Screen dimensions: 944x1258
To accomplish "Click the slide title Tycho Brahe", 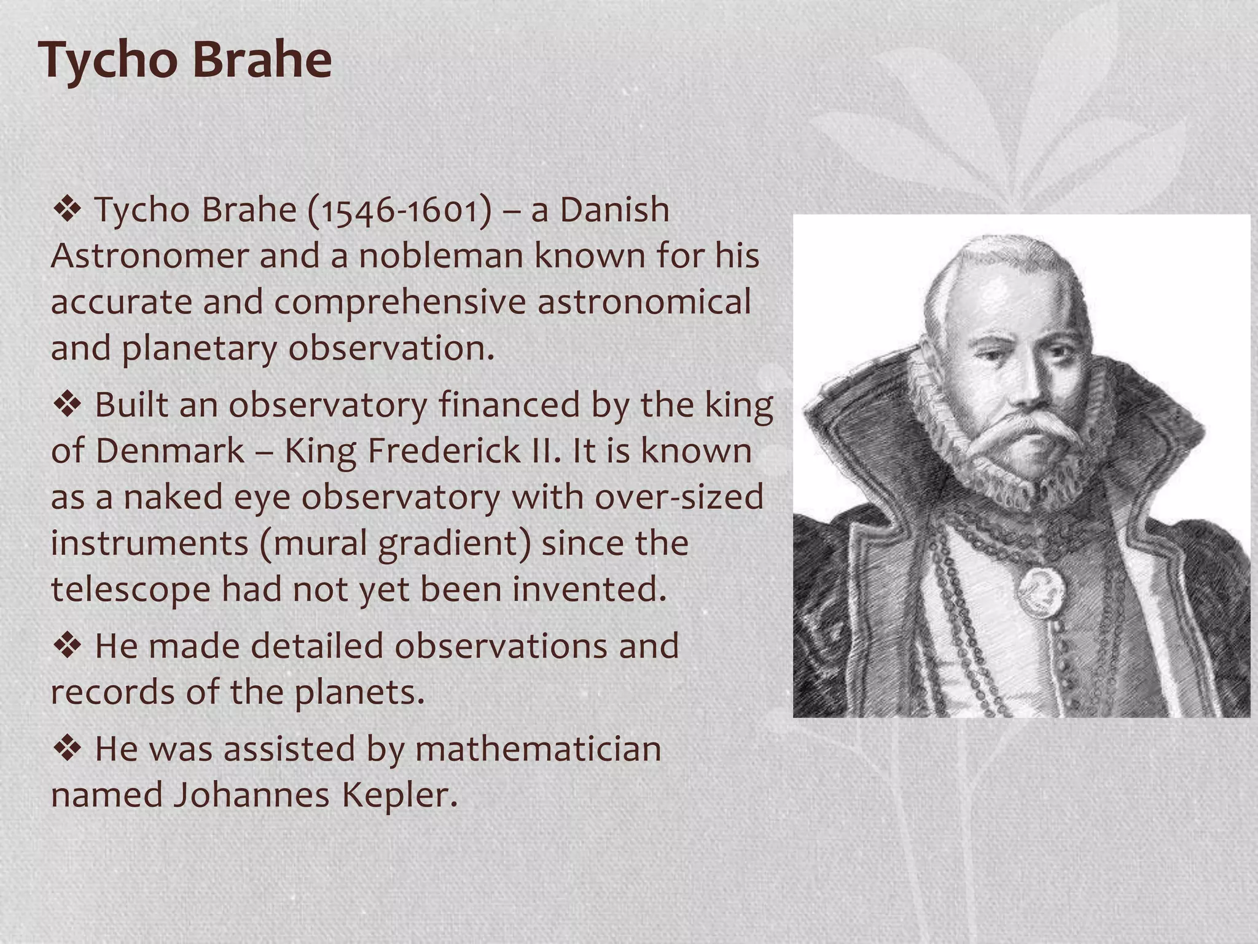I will pyautogui.click(x=185, y=60).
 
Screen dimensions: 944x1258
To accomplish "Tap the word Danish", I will pyautogui.click(x=614, y=210).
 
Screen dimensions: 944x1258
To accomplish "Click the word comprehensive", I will pyautogui.click(x=400, y=302).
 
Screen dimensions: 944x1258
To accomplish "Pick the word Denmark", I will pyautogui.click(x=170, y=450).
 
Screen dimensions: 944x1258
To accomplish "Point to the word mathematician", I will pyautogui.click(x=538, y=749).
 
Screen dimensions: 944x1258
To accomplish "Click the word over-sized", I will pyautogui.click(x=679, y=497).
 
